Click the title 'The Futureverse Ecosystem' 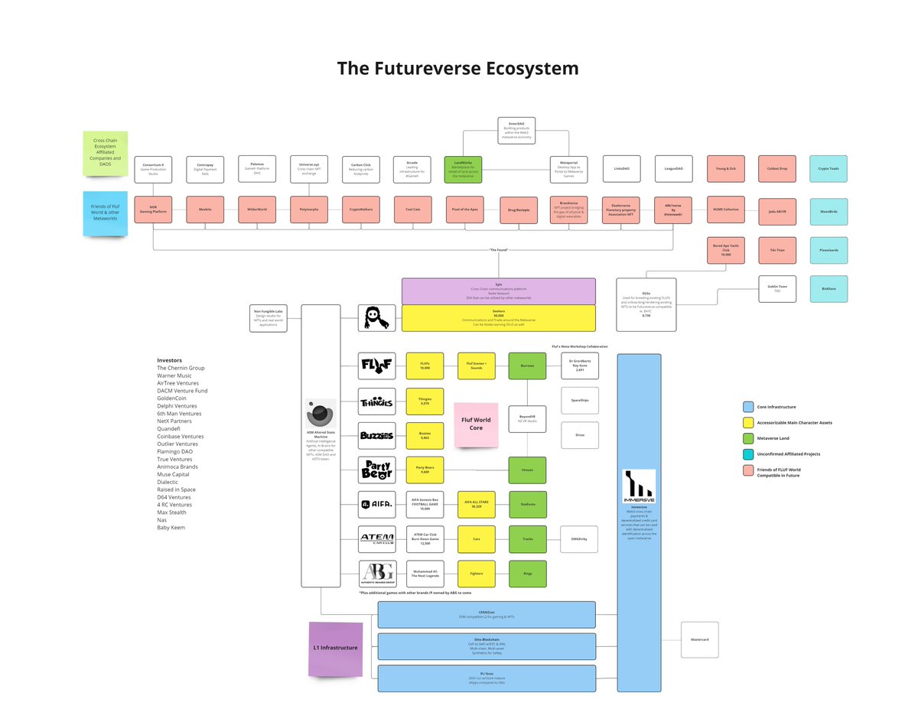pos(457,68)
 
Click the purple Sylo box pos(498,291)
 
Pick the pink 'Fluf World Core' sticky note pos(476,424)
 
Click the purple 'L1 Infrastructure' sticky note pos(335,649)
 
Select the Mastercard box pos(700,639)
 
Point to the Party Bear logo pos(377,470)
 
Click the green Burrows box pos(528,366)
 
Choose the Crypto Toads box pos(828,169)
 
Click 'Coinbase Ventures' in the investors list pos(181,437)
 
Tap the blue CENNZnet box pos(487,614)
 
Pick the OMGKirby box pos(579,539)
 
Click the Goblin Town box pos(777,289)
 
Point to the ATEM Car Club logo pos(377,539)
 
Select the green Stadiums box pos(528,505)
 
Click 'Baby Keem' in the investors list pos(171,528)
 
